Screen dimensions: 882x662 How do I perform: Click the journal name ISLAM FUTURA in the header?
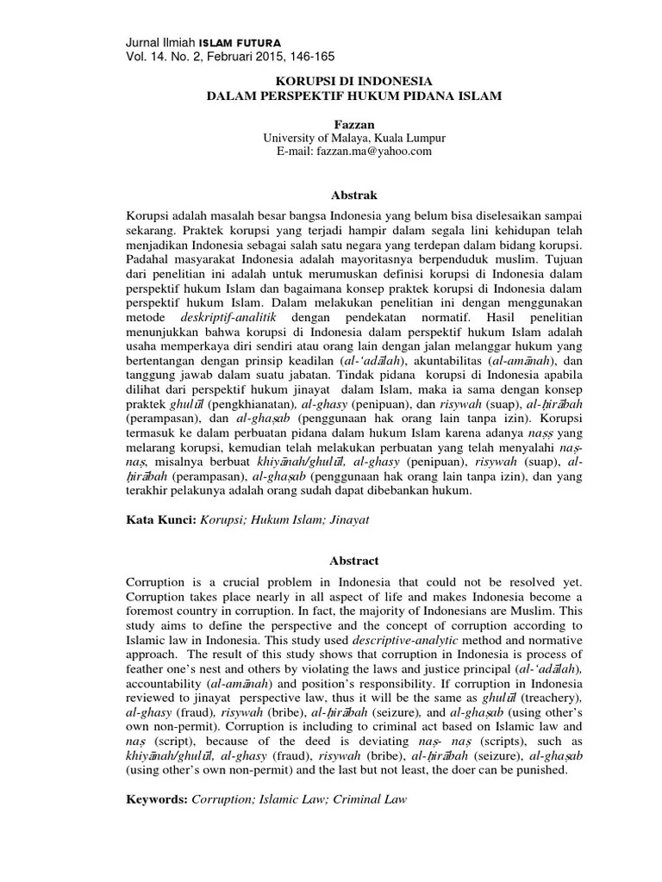[240, 42]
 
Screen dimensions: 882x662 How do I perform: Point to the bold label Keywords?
[156, 799]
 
